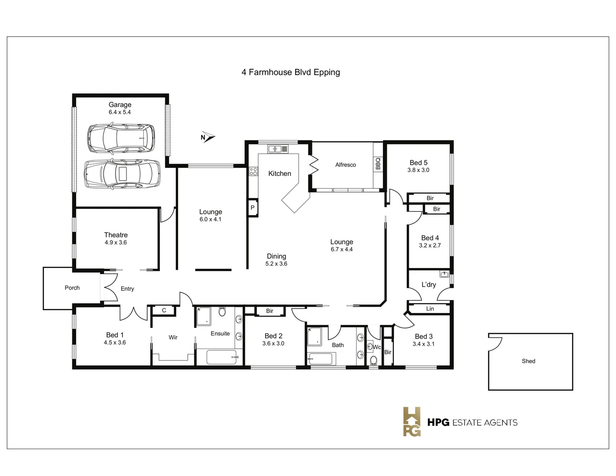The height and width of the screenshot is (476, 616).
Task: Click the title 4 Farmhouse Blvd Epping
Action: [x=290, y=72]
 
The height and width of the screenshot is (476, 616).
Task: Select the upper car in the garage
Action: [x=121, y=138]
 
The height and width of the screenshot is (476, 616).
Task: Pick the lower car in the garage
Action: [x=122, y=174]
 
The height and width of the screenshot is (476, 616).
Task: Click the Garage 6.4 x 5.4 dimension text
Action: [x=120, y=112]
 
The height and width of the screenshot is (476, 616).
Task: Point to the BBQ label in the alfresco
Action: [x=378, y=164]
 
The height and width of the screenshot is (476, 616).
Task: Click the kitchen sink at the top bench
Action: [x=278, y=149]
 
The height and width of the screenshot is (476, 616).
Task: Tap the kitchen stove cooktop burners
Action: [x=253, y=171]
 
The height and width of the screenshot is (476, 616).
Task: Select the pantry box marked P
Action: [x=252, y=208]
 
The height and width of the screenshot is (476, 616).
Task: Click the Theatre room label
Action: [x=116, y=235]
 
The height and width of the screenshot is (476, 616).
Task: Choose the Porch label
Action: [x=72, y=288]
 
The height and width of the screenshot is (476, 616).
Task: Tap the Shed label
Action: [x=528, y=361]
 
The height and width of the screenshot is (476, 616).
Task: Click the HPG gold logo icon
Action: [x=412, y=422]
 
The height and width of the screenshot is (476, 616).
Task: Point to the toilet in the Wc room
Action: [x=374, y=360]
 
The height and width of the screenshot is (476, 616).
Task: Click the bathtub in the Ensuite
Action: [x=221, y=357]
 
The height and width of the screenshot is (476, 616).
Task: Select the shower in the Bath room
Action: [x=314, y=336]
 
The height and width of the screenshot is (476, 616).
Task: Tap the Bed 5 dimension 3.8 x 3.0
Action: [x=418, y=170]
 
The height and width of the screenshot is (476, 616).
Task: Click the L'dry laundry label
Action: [x=429, y=285]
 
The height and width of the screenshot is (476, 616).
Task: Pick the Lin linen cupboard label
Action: [x=430, y=309]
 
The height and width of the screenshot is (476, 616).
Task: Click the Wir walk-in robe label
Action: [x=173, y=337]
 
